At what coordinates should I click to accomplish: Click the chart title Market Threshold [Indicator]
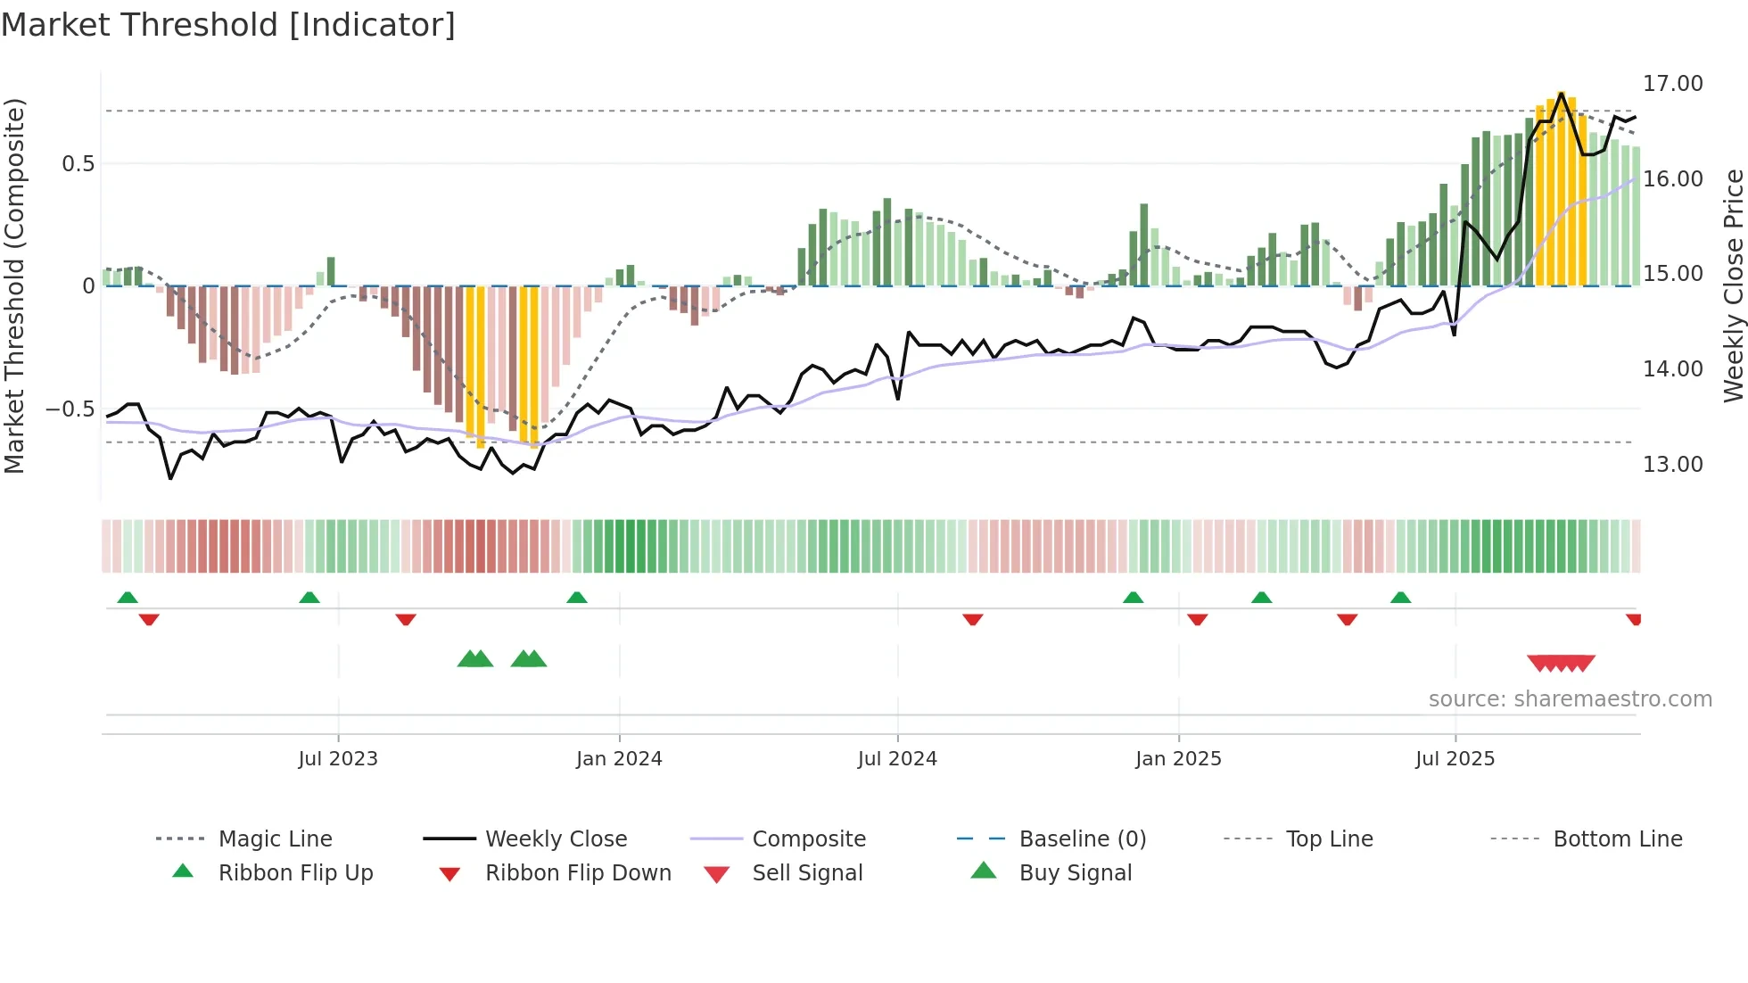tap(228, 25)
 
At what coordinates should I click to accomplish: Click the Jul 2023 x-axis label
tap(338, 758)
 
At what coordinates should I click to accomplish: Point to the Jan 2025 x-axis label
tap(1178, 758)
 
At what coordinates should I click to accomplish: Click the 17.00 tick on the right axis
tap(1672, 83)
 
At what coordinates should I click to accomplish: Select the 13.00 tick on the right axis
tap(1672, 464)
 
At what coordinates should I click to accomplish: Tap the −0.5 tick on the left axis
tap(70, 409)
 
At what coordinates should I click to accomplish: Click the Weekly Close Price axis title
tap(1733, 285)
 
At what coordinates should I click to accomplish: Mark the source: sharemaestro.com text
tap(1570, 698)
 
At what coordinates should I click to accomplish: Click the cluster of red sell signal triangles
tap(1561, 663)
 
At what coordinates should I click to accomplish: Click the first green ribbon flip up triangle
tap(128, 598)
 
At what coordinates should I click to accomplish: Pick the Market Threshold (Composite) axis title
tap(14, 285)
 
